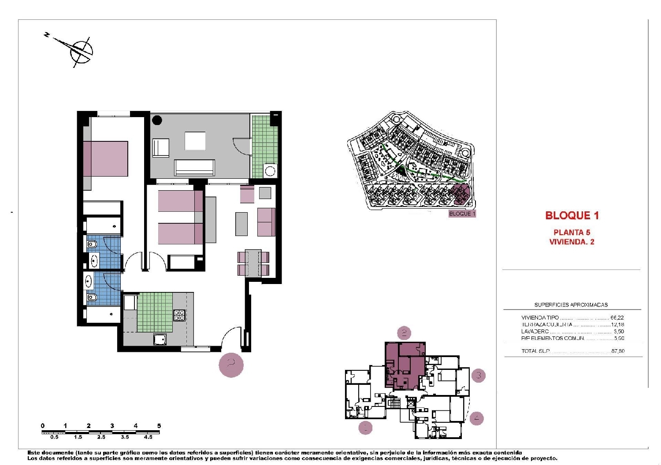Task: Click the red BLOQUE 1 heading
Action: tap(572, 215)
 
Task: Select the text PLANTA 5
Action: tap(572, 232)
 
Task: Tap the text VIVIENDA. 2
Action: tap(572, 242)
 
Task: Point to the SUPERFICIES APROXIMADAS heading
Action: tap(571, 305)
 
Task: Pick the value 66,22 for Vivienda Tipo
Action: tap(617, 317)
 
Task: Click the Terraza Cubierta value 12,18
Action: tap(617, 325)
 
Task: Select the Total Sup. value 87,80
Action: tap(617, 351)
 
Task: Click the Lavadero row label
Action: tap(535, 332)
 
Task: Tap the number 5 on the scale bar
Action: tap(159, 426)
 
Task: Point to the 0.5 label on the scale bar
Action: tap(54, 437)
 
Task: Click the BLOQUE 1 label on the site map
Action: tap(462, 214)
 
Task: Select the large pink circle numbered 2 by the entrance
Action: tap(231, 365)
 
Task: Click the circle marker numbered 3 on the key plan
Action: tap(479, 376)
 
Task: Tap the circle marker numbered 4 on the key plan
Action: tap(476, 418)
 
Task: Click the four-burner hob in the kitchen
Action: tap(179, 315)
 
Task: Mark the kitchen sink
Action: tap(160, 339)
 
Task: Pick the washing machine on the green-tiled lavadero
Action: tap(270, 171)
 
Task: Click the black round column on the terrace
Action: tap(157, 120)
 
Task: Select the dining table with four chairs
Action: tap(253, 263)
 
